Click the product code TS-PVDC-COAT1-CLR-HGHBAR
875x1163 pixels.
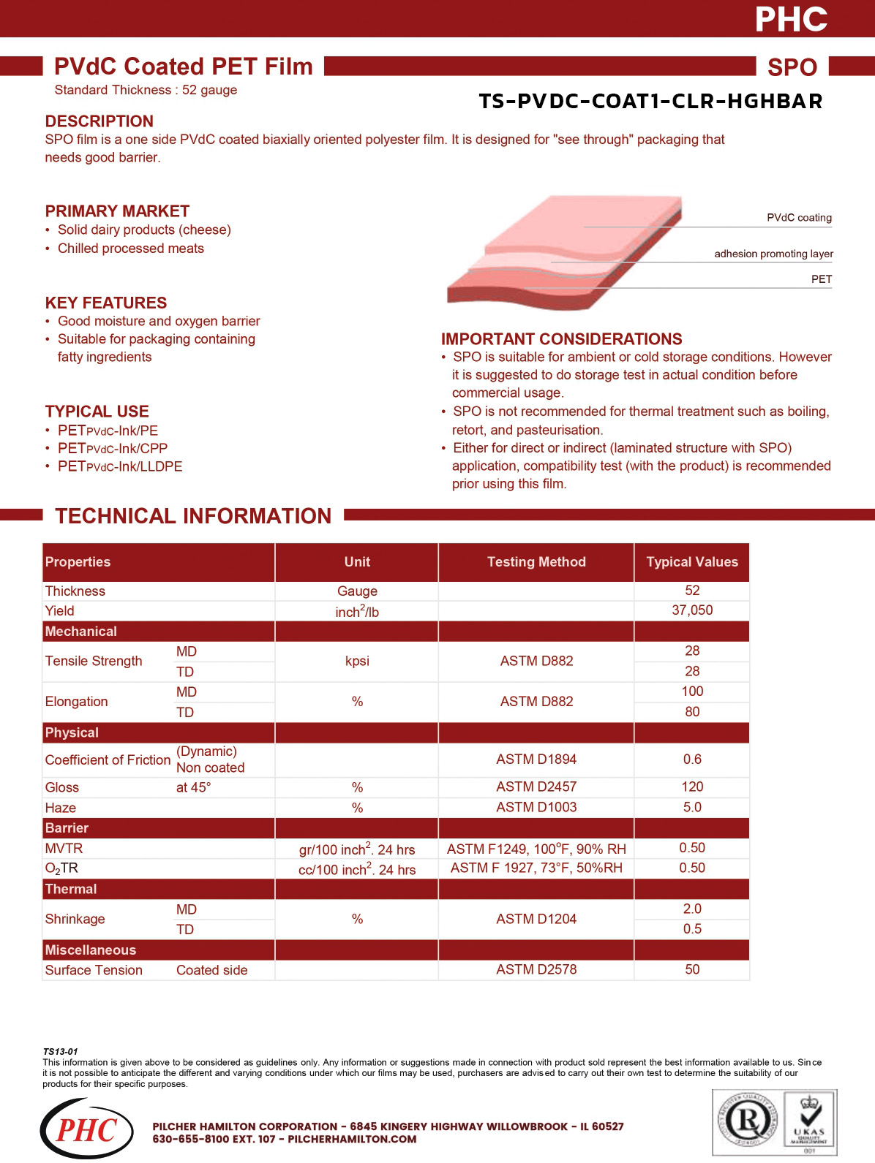pos(650,101)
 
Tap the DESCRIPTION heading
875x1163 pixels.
pos(99,121)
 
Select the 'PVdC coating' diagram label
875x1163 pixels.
pos(799,218)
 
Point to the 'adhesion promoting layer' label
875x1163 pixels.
pos(773,254)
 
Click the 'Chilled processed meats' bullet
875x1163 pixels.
pos(131,249)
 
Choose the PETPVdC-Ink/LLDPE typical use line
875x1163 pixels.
pos(120,466)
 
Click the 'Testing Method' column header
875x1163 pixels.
pos(536,562)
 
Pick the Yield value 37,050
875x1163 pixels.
pos(692,610)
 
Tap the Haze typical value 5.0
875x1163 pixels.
pos(692,807)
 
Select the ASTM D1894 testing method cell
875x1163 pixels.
pos(536,759)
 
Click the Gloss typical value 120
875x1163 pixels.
pos(692,787)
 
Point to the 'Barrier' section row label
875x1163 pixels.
pos(67,828)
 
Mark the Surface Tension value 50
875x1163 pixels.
pos(692,969)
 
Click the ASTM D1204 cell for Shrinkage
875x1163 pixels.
pos(536,919)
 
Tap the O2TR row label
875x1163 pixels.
pos(61,868)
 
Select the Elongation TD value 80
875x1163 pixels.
pos(692,711)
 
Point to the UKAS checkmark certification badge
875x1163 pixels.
pos(809,1121)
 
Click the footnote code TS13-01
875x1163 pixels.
pos(60,1051)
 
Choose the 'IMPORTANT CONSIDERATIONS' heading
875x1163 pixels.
pos(561,339)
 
